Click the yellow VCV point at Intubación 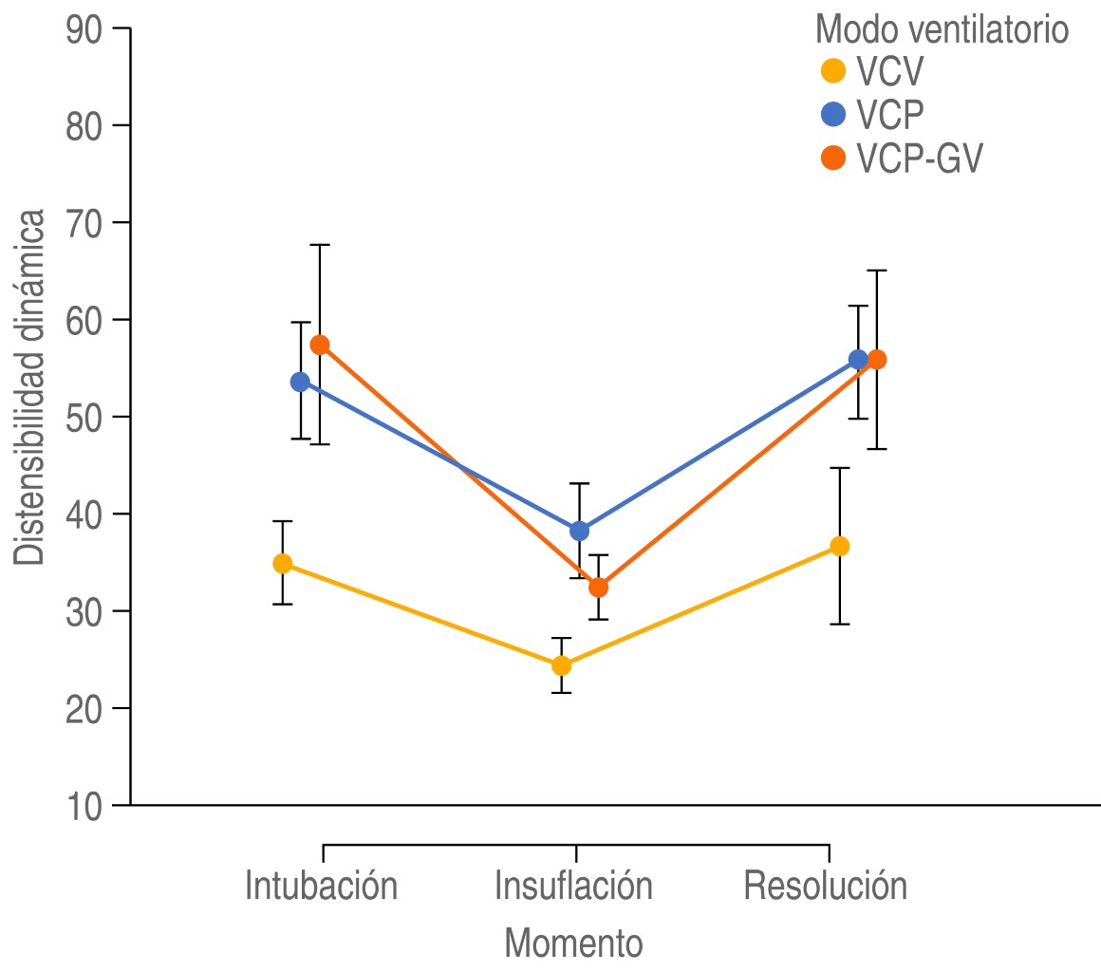(282, 563)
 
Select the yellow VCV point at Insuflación (561, 665)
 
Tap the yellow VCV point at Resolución (840, 546)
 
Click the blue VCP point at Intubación (300, 382)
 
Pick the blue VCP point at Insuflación (579, 531)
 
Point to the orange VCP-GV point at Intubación (320, 345)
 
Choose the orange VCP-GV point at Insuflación (598, 588)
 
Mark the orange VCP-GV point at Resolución (877, 360)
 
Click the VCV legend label (889, 71)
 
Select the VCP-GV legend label (919, 159)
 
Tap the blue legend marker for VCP (832, 115)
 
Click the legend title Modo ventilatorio (942, 30)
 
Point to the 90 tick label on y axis (85, 28)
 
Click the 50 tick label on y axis (85, 417)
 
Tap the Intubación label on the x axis (321, 885)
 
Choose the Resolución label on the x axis (825, 885)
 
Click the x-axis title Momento (573, 943)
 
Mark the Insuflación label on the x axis (573, 885)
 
